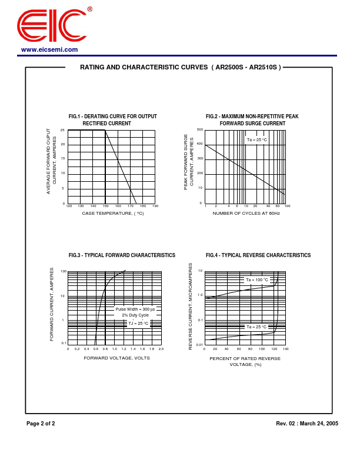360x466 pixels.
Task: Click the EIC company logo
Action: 52,25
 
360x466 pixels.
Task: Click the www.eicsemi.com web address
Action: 49,49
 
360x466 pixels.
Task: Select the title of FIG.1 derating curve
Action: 113,120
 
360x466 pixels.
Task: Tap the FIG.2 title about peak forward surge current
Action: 252,120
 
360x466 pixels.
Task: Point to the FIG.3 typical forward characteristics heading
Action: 122,255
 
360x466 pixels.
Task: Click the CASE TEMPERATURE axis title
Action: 113,213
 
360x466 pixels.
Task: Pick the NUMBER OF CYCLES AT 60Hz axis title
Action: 246,213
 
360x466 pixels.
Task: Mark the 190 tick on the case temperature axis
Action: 155,206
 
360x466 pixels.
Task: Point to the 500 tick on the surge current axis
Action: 200,129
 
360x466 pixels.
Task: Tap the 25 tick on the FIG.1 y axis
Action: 62,130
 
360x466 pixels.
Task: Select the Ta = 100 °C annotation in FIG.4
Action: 256,280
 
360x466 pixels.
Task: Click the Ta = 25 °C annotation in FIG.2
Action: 256,139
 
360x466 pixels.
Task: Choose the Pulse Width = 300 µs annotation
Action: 135,309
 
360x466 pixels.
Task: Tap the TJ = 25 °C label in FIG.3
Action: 139,323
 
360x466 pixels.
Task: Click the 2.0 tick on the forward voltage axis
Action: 161,349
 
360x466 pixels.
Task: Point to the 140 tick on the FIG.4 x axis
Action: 285,349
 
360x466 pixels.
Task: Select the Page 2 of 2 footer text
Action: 41,424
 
